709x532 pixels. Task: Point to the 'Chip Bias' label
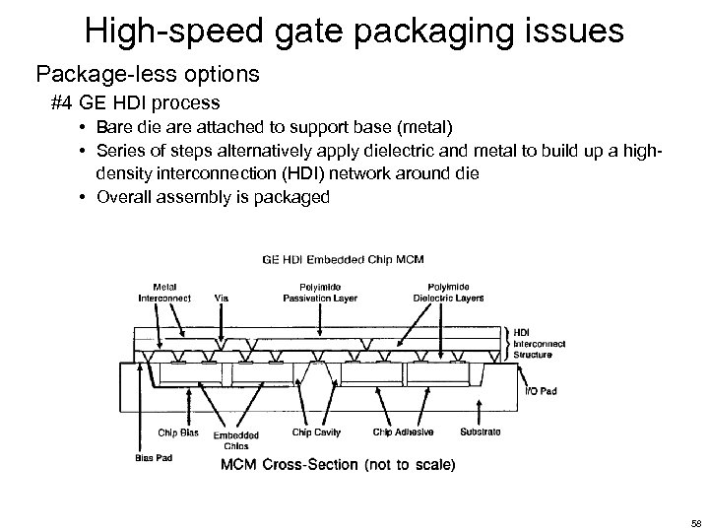click(x=178, y=432)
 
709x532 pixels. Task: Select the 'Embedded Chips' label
click(x=236, y=439)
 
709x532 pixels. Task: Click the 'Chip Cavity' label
click(x=315, y=432)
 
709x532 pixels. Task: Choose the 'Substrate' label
click(x=481, y=432)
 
